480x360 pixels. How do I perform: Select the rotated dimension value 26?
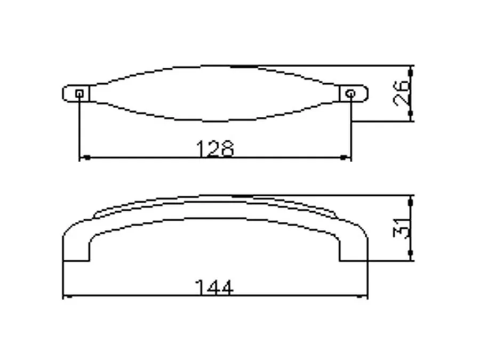coord(401,93)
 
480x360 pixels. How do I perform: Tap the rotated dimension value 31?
coord(401,228)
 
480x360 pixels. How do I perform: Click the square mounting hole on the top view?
coord(79,93)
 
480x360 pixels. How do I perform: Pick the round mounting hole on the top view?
coord(351,93)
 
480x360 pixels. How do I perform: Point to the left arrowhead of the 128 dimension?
coord(86,158)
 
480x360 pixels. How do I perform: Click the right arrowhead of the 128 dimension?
coord(344,158)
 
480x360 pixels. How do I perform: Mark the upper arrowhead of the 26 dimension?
coord(411,72)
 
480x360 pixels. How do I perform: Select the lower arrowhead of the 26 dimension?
coord(411,114)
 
